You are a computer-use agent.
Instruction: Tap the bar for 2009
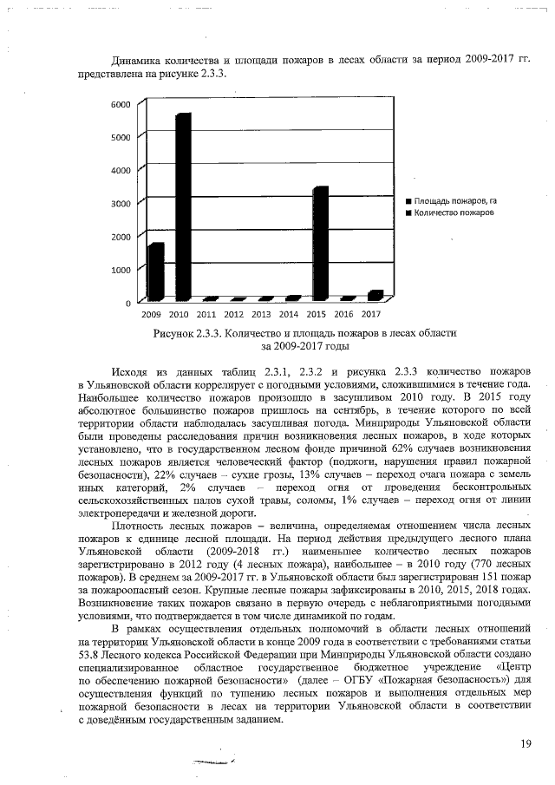tap(155, 271)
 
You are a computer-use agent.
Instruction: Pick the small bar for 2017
tap(375, 295)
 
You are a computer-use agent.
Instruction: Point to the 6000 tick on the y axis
tap(121, 104)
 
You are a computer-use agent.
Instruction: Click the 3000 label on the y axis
tap(121, 203)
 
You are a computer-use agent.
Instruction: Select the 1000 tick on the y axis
tap(121, 270)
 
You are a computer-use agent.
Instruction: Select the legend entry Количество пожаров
tap(454, 213)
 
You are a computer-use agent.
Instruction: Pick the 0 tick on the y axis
tap(127, 303)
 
